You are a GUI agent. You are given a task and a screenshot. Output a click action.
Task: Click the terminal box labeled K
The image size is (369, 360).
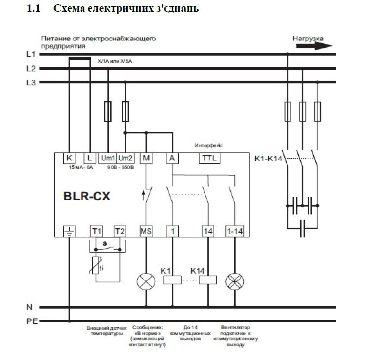coord(70,158)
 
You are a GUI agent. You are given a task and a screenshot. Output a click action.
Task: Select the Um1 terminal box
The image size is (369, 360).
coord(108,158)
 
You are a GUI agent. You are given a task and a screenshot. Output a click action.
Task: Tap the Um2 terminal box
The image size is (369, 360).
coord(125,158)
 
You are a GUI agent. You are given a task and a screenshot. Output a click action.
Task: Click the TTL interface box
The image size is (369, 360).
coord(209,158)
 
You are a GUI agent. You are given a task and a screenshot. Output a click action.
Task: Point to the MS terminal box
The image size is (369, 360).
coord(146,231)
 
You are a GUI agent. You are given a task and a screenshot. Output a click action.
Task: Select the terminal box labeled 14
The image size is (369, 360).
coord(208,231)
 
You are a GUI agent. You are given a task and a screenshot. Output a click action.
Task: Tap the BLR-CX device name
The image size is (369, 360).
coord(87,196)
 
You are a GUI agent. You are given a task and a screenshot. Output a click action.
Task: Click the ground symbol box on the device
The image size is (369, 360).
coord(70,231)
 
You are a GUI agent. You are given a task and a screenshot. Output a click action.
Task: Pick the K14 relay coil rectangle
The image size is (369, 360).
coord(208,280)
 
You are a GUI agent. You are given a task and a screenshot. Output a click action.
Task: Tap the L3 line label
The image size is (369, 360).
coord(31,82)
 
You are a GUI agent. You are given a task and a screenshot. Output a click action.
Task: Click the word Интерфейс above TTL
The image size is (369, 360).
coord(209,146)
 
